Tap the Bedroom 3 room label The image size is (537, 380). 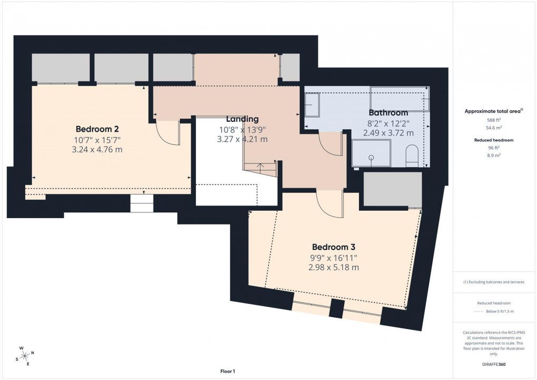pyautogui.click(x=334, y=247)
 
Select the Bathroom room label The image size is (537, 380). pyautogui.click(x=388, y=112)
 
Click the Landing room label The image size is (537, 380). pyautogui.click(x=242, y=119)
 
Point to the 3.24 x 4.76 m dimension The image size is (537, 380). pyautogui.click(x=100, y=149)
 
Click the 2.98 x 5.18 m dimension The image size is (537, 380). pyautogui.click(x=334, y=267)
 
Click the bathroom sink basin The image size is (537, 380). pyautogui.click(x=312, y=105)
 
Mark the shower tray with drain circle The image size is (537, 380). pyautogui.click(x=371, y=153)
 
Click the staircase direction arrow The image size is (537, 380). pyautogui.click(x=260, y=166)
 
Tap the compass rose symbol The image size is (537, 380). pyautogui.click(x=24, y=356)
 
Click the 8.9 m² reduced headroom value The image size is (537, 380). pyautogui.click(x=494, y=156)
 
